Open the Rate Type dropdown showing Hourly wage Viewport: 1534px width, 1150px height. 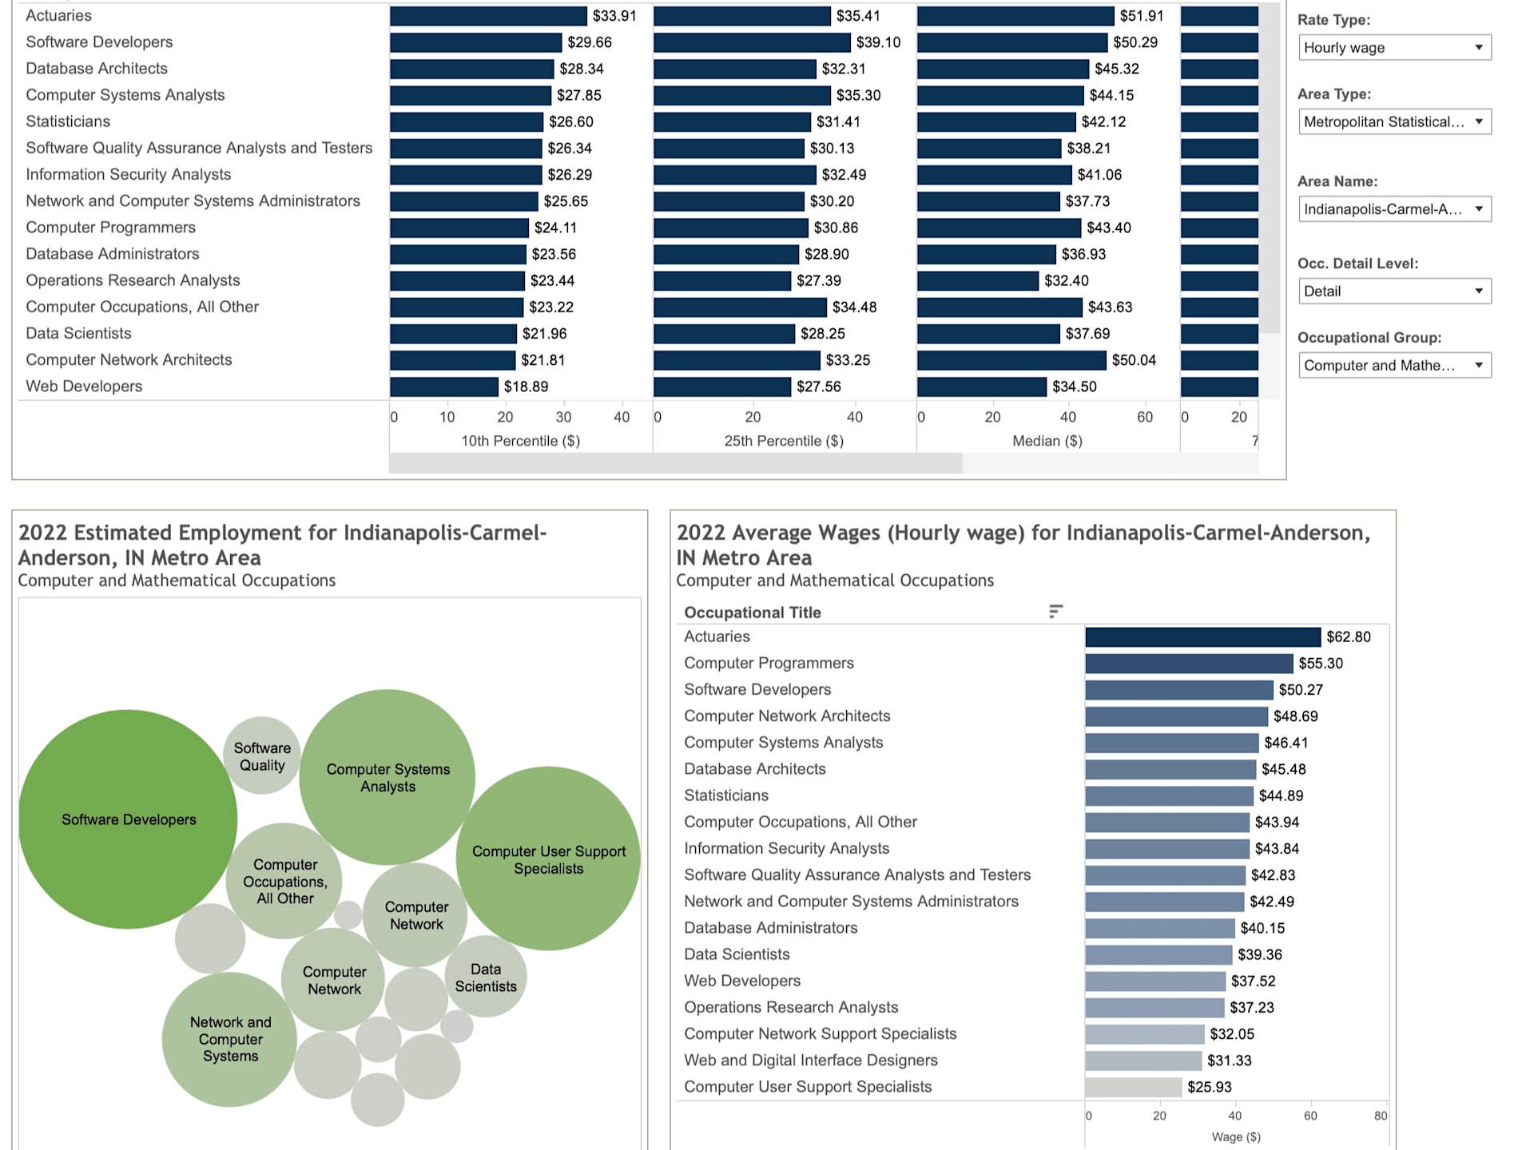[x=1394, y=48]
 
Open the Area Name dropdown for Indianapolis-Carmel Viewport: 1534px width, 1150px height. [x=1394, y=209]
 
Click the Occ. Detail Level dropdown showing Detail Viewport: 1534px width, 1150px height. [x=1394, y=291]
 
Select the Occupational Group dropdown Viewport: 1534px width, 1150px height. [x=1394, y=366]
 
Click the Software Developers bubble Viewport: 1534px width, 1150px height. [x=128, y=819]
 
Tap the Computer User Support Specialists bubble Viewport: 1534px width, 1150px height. [x=548, y=859]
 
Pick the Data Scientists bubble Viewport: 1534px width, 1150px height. [x=486, y=978]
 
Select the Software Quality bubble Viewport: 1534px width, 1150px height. [x=262, y=756]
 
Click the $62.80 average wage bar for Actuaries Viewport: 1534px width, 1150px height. [x=1202, y=636]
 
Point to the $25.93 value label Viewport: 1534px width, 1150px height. [x=1209, y=1087]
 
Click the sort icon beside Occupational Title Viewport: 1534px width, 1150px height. [x=1055, y=612]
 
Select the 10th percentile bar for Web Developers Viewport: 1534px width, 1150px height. [x=444, y=387]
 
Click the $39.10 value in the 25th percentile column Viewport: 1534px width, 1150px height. [x=878, y=42]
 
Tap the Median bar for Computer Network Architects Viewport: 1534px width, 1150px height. [x=1011, y=360]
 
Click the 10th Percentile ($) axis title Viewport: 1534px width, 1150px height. [x=520, y=441]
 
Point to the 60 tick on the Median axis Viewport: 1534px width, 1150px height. [x=1145, y=417]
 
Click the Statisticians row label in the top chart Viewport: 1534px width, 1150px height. [x=68, y=121]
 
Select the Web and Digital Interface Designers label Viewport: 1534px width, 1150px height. [x=810, y=1061]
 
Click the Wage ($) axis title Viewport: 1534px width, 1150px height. [x=1236, y=1136]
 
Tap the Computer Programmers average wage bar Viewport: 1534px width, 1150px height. [x=1188, y=663]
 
